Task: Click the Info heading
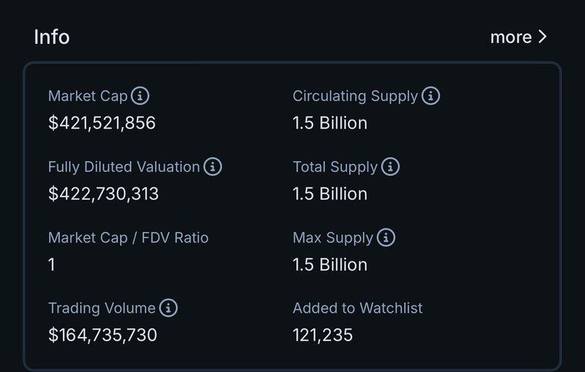click(x=51, y=37)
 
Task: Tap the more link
click(x=510, y=37)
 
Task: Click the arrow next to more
click(x=542, y=37)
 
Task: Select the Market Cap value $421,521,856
click(x=102, y=123)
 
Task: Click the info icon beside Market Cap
click(x=140, y=96)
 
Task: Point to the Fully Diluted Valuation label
click(x=124, y=167)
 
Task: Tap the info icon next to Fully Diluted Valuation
click(x=212, y=167)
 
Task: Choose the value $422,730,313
click(x=103, y=194)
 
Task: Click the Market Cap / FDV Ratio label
click(x=128, y=238)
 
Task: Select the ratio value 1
click(x=52, y=265)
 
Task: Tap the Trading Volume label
click(x=102, y=308)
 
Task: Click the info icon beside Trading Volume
click(x=168, y=308)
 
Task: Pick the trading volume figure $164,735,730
click(x=102, y=335)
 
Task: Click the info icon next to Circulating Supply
click(x=431, y=96)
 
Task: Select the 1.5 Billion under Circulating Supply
click(x=330, y=123)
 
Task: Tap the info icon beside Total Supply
click(x=390, y=167)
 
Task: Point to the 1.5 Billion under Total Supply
click(x=330, y=194)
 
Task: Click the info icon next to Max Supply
click(x=385, y=238)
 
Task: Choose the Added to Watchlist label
click(x=358, y=308)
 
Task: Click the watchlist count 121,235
click(x=322, y=335)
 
